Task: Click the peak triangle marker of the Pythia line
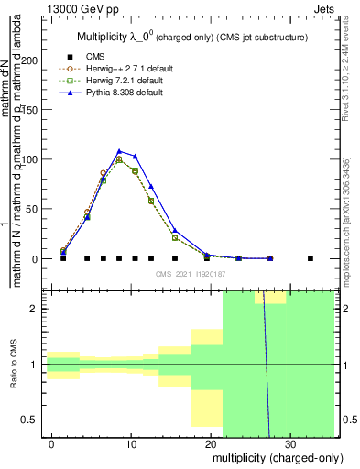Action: coord(119,151)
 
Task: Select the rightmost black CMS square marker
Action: coord(311,258)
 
